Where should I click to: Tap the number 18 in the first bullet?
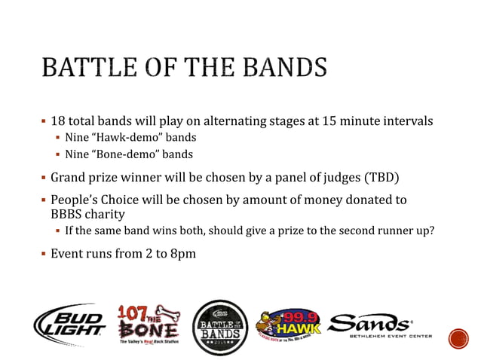pos(59,121)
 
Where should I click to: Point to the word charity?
pos(107,214)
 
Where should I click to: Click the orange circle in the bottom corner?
pos(458,338)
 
